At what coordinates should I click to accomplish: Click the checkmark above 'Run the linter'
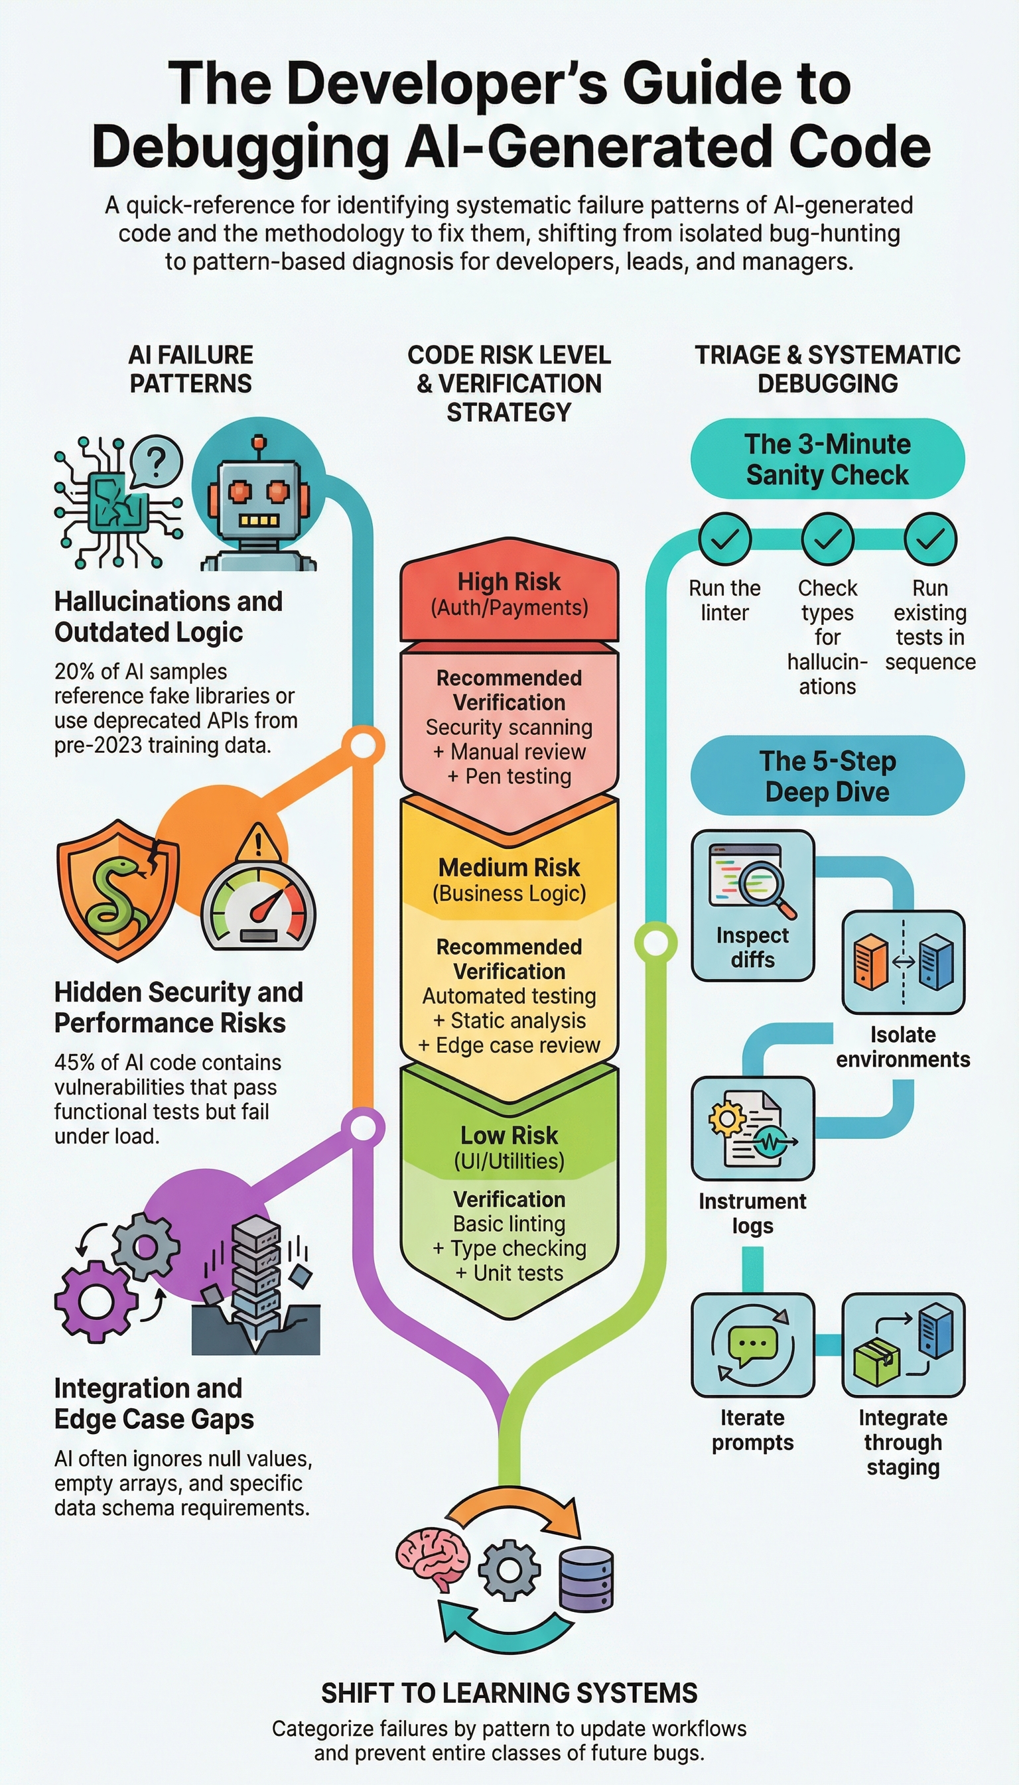(725, 538)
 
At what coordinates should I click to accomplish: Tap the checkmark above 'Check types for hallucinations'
(827, 538)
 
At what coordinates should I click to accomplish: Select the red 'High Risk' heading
(509, 582)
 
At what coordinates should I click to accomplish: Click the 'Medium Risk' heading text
(509, 867)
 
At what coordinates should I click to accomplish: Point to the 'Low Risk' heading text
(509, 1134)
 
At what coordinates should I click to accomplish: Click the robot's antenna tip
(259, 442)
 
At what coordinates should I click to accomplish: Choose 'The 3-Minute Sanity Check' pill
(827, 459)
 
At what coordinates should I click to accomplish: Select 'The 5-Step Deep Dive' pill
(827, 775)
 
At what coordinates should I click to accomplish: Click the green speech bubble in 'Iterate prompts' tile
(752, 1344)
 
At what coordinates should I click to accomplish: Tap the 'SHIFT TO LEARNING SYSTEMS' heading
(509, 1693)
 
